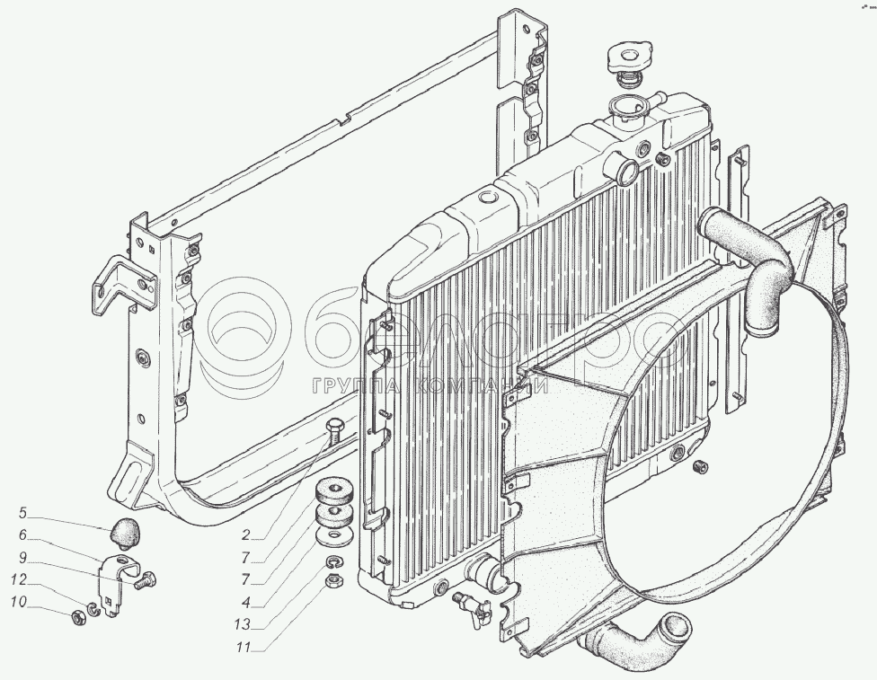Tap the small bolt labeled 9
pyautogui.click(x=141, y=580)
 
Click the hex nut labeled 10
pyautogui.click(x=79, y=617)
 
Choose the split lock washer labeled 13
pyautogui.click(x=332, y=563)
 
